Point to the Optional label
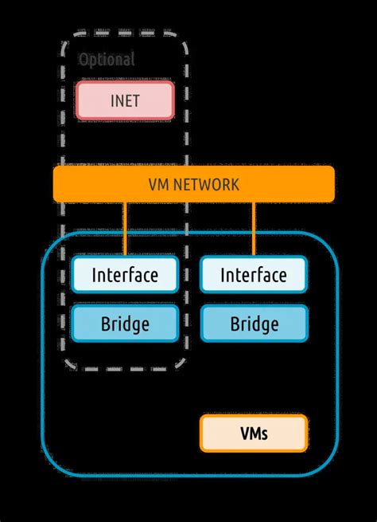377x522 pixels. [x=107, y=60]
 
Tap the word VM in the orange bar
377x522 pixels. [x=158, y=185]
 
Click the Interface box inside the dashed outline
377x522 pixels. [x=124, y=276]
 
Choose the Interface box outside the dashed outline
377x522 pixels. [x=253, y=276]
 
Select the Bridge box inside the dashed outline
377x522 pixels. [x=124, y=324]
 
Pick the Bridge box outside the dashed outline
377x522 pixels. [x=253, y=324]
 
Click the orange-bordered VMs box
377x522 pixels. [x=253, y=434]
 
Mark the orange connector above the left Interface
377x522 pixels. [x=125, y=230]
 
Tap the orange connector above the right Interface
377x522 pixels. [x=254, y=230]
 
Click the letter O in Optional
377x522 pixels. [x=84, y=60]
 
